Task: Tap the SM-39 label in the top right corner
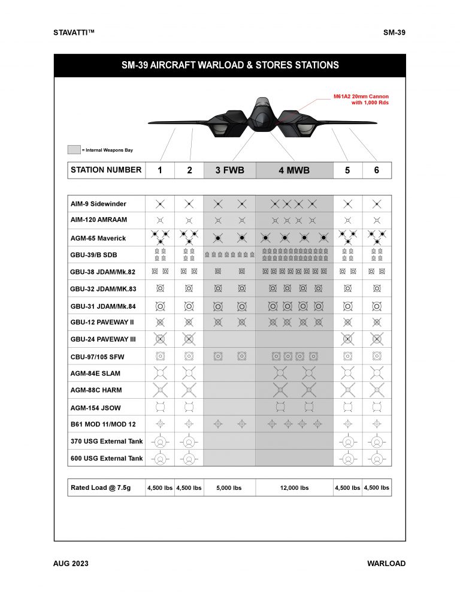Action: click(394, 32)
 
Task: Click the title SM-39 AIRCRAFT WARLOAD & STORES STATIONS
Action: click(230, 65)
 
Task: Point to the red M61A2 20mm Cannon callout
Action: click(361, 99)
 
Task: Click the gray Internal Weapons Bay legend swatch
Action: click(74, 150)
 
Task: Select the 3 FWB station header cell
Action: click(229, 170)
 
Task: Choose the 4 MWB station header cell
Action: click(294, 170)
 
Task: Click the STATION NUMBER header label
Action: click(106, 170)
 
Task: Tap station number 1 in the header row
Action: click(160, 170)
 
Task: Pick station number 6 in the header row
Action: click(377, 170)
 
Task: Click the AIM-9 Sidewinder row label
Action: click(98, 204)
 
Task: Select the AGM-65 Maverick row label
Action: click(98, 238)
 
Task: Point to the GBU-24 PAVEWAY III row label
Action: click(103, 339)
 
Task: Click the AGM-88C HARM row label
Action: click(96, 390)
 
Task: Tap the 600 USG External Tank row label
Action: click(107, 458)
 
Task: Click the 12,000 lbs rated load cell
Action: click(294, 487)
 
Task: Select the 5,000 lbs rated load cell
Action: click(229, 487)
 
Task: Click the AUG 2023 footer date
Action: click(71, 564)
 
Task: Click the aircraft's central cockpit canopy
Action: click(262, 108)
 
